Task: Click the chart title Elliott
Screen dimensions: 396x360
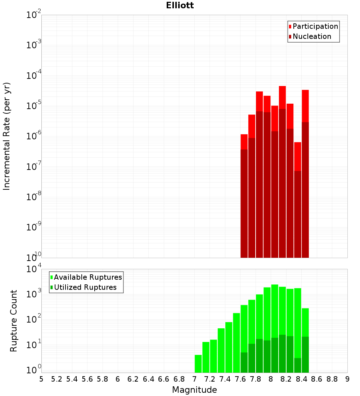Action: [x=180, y=5]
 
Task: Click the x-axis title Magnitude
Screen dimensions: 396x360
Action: [x=194, y=390]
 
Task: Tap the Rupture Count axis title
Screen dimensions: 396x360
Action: [x=14, y=321]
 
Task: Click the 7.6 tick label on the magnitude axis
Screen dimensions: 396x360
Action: [x=240, y=379]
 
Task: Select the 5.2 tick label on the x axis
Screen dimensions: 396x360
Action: [x=57, y=379]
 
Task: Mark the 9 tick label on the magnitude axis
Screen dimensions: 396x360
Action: [x=347, y=379]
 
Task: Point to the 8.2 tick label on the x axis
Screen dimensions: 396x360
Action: [x=286, y=379]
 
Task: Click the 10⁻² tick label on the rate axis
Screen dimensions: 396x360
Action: [x=34, y=15]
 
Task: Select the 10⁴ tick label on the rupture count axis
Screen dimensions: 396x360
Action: [x=34, y=269]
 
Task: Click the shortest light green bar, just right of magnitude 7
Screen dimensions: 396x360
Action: [x=198, y=364]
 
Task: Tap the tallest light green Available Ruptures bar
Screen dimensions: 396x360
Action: [x=275, y=310]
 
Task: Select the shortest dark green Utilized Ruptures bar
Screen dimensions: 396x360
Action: [x=298, y=365]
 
